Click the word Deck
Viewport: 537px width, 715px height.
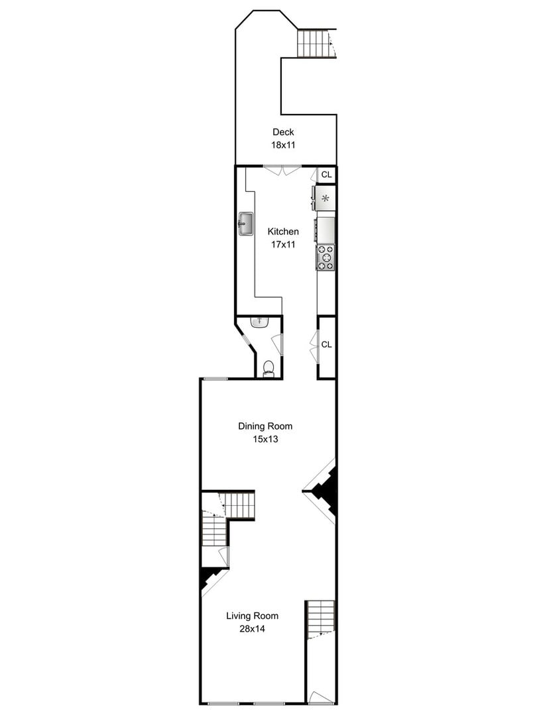[x=283, y=132]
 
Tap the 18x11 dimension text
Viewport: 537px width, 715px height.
[x=283, y=145]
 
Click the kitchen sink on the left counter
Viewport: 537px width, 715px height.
[x=246, y=224]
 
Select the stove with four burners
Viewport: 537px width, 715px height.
[x=326, y=258]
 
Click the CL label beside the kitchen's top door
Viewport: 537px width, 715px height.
[x=326, y=175]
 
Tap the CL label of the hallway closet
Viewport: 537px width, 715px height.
[x=326, y=345]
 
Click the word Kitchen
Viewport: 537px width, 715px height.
[x=283, y=232]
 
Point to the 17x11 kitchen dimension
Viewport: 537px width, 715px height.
[x=283, y=244]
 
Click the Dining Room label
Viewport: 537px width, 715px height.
[x=265, y=426]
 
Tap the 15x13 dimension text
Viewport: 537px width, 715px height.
[x=265, y=439]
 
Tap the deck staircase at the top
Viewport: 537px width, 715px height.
[x=313, y=43]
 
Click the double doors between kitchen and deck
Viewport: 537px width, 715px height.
[x=282, y=169]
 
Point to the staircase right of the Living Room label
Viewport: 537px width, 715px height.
[x=320, y=617]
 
